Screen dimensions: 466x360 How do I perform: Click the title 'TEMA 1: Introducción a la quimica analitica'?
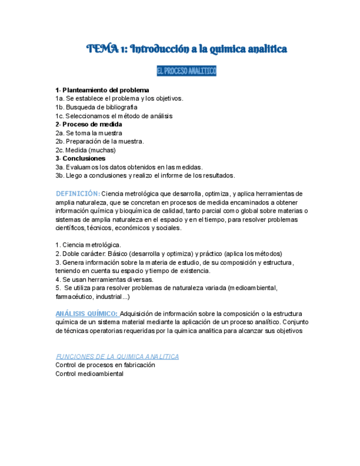(x=187, y=49)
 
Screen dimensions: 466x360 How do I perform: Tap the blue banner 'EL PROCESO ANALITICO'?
(x=187, y=71)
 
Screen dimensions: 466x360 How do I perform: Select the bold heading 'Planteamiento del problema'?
(x=106, y=90)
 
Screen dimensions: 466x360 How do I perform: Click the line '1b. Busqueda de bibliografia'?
(x=96, y=107)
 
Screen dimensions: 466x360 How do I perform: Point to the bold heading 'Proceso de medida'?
(x=92, y=124)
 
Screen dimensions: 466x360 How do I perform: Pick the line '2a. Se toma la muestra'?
(x=88, y=133)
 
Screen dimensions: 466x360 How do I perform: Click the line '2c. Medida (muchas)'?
(x=85, y=150)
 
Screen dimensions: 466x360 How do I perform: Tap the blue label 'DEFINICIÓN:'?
(x=77, y=193)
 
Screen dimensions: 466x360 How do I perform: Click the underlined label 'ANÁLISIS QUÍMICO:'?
(x=86, y=313)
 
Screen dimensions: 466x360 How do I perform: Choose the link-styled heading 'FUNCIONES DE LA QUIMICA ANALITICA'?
(x=117, y=356)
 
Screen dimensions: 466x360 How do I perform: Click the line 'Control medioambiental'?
(x=89, y=374)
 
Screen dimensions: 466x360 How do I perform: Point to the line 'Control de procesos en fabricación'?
(x=105, y=365)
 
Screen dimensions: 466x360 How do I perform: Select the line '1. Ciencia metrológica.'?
(x=88, y=245)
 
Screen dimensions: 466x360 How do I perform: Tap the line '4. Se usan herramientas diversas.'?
(x=104, y=279)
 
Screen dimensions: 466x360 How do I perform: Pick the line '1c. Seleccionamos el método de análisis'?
(x=114, y=116)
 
